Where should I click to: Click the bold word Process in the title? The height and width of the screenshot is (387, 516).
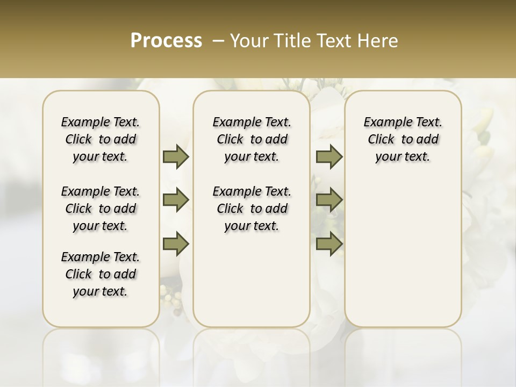(166, 41)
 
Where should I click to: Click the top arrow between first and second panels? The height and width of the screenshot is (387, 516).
(176, 157)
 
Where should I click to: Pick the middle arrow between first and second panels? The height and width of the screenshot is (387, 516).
(176, 200)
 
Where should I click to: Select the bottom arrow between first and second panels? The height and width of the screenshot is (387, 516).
(176, 243)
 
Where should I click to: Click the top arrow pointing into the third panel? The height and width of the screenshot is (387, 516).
(329, 157)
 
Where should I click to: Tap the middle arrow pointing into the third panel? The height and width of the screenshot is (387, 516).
(329, 200)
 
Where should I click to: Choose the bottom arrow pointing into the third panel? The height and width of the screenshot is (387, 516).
(329, 243)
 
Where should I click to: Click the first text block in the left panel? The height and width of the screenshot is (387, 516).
(101, 139)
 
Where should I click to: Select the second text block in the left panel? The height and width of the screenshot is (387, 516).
(101, 209)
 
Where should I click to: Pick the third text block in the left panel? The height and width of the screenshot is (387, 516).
(101, 274)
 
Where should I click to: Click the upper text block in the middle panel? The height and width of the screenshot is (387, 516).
(252, 139)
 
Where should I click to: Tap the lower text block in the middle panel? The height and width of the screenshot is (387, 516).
(252, 209)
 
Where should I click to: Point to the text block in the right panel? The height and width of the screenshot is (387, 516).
(403, 139)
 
